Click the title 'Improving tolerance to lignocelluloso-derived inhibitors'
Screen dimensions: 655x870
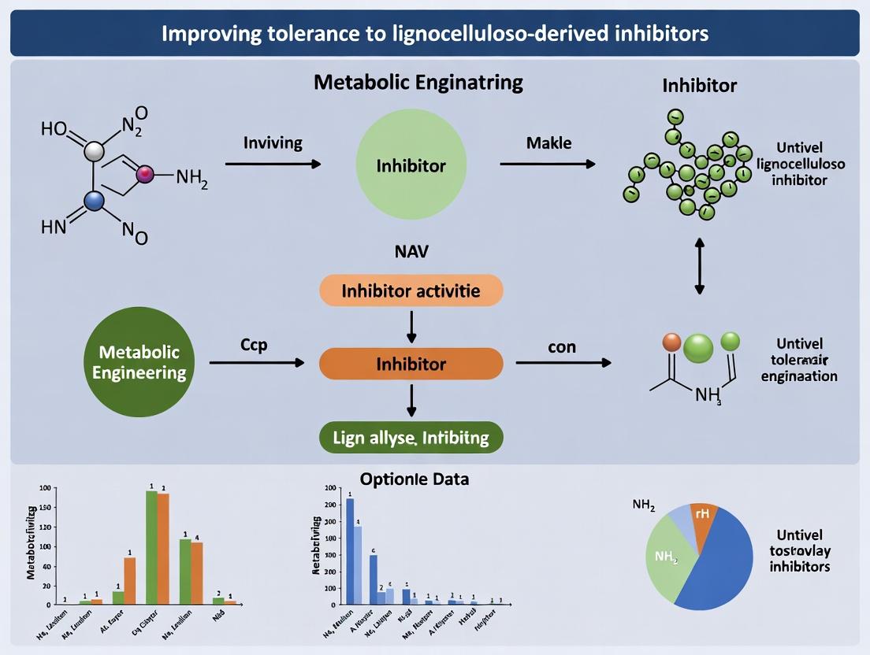[x=434, y=34]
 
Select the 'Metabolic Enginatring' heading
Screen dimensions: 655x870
[x=418, y=82]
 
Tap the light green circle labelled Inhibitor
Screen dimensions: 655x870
[x=411, y=166]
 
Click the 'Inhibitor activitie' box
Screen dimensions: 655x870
[x=411, y=291]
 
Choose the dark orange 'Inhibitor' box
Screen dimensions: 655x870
[x=411, y=364]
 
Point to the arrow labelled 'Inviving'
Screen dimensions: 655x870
[x=273, y=164]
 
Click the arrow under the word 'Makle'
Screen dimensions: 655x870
[x=548, y=164]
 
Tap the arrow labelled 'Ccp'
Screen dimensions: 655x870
[x=256, y=363]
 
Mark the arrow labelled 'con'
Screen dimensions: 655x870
[x=563, y=363]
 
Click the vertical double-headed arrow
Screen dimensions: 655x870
[x=698, y=267]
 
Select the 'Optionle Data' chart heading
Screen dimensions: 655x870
[x=414, y=479]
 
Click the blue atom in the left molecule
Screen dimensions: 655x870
[x=95, y=202]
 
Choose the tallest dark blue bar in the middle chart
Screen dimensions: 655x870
[x=350, y=551]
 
